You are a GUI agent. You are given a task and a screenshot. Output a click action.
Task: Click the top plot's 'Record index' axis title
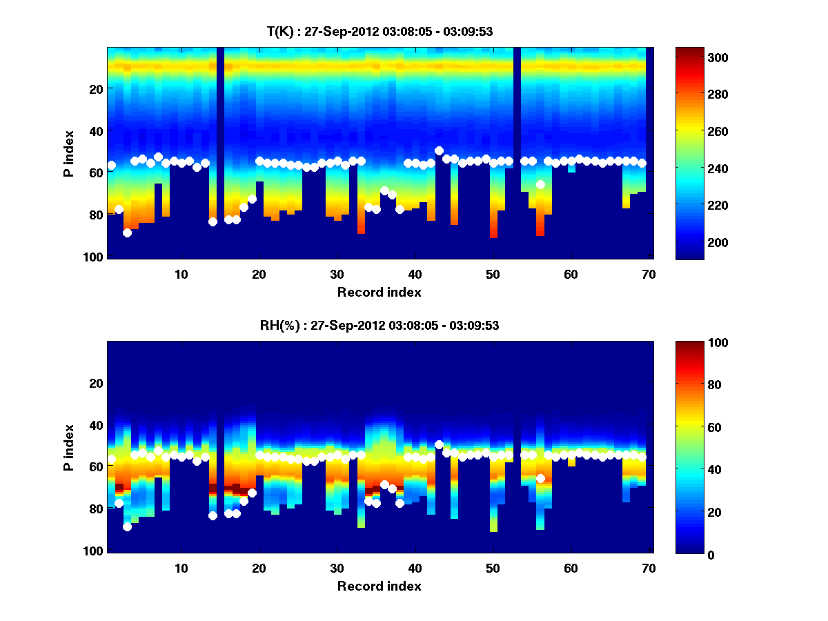coord(379,293)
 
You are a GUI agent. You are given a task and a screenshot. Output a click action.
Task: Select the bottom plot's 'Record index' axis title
coord(379,586)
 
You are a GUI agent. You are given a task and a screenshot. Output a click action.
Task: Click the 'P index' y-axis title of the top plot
coord(69,153)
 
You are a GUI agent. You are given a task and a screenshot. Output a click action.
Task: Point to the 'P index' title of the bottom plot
coord(69,447)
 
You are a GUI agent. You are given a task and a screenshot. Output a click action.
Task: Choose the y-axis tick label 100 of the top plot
coord(94,257)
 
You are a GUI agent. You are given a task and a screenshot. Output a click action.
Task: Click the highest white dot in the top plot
coord(439,150)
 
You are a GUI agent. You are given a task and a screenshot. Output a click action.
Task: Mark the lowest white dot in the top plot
coord(127,233)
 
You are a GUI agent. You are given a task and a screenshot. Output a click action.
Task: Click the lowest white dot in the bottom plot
coord(127,526)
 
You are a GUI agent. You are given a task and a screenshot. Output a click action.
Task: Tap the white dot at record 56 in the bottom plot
coord(540,478)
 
